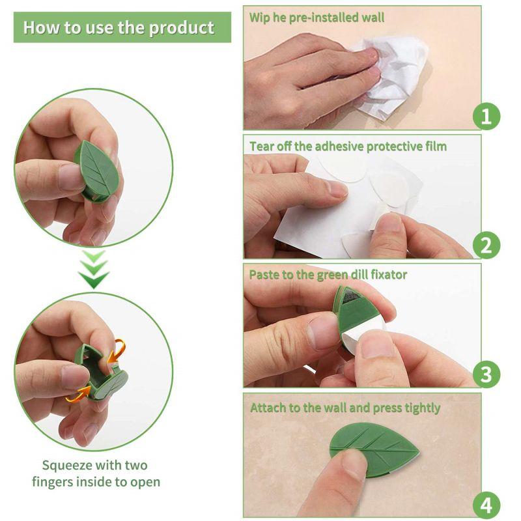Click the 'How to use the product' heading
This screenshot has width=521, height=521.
coord(119,27)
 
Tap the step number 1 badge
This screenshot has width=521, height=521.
coord(486,117)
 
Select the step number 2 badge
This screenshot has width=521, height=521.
coord(486,246)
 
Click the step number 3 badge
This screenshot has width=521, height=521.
coord(486,374)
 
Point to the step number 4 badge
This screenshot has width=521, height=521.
coord(486,504)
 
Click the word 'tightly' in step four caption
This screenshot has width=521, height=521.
coord(418,408)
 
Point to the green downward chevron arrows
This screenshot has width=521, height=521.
coord(94,270)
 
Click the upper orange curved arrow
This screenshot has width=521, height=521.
coord(117,350)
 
